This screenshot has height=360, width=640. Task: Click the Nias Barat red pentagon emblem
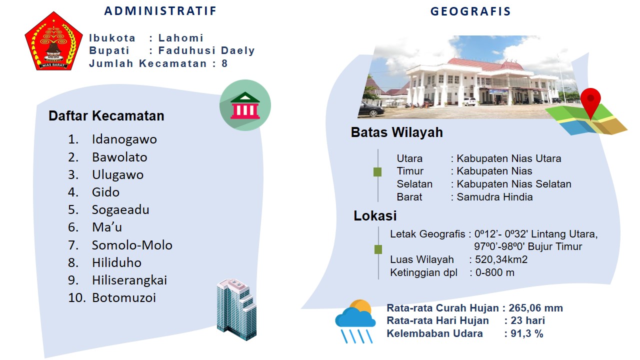pyautogui.click(x=53, y=41)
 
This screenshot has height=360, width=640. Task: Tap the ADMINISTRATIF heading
pyautogui.click(x=160, y=11)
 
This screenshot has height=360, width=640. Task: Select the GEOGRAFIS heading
pyautogui.click(x=470, y=11)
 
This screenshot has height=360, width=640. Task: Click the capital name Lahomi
pyautogui.click(x=181, y=38)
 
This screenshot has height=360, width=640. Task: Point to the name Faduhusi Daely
pyautogui.click(x=206, y=50)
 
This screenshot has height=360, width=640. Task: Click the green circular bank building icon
pyautogui.click(x=245, y=105)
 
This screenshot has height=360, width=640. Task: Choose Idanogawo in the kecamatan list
pyautogui.click(x=124, y=139)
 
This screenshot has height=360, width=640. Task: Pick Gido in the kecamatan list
pyautogui.click(x=105, y=192)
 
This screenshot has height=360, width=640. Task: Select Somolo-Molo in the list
pyautogui.click(x=132, y=245)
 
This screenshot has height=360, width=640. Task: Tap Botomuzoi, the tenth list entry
pyautogui.click(x=123, y=297)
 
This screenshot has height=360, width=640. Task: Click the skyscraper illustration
pyautogui.click(x=236, y=309)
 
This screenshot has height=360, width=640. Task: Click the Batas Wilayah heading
pyautogui.click(x=397, y=132)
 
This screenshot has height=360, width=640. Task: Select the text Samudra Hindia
pyautogui.click(x=494, y=197)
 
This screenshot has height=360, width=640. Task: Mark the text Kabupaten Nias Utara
pyautogui.click(x=509, y=158)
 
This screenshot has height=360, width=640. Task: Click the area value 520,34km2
pyautogui.click(x=501, y=259)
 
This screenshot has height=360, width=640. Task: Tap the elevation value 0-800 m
pyautogui.click(x=495, y=272)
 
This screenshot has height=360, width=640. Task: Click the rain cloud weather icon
pyautogui.click(x=355, y=321)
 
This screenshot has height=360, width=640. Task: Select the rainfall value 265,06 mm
pyautogui.click(x=535, y=308)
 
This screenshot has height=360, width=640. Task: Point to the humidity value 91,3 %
pyautogui.click(x=526, y=333)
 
